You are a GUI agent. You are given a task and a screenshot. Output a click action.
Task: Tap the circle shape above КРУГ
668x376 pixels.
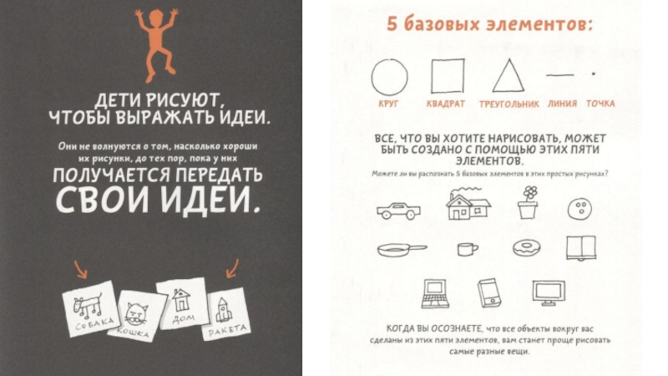coord(389,77)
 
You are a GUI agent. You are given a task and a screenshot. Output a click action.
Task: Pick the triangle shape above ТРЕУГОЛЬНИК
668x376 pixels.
coord(507,76)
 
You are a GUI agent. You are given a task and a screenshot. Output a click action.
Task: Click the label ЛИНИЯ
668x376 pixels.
coord(562,104)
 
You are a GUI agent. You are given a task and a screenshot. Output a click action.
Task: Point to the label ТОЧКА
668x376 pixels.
coord(600,104)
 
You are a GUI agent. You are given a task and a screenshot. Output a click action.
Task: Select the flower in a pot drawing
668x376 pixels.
coord(527,203)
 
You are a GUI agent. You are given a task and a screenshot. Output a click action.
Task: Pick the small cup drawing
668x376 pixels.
coord(468,248)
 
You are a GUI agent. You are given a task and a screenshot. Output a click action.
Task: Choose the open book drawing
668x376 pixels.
coord(581,247)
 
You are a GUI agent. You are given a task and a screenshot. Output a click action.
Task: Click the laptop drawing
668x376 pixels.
coord(434,292)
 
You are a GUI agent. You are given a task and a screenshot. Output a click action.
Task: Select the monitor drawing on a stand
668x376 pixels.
coord(550,292)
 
